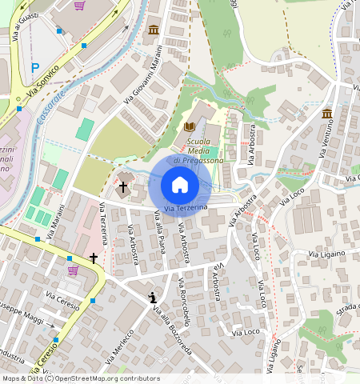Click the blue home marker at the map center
(180, 185)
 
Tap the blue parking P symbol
(34, 68)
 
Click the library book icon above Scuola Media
(190, 126)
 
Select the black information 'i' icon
(152, 298)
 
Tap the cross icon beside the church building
(123, 187)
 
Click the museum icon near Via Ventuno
(327, 115)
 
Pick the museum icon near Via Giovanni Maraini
(153, 30)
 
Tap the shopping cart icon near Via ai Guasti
(79, 6)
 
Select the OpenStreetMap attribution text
(80, 378)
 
